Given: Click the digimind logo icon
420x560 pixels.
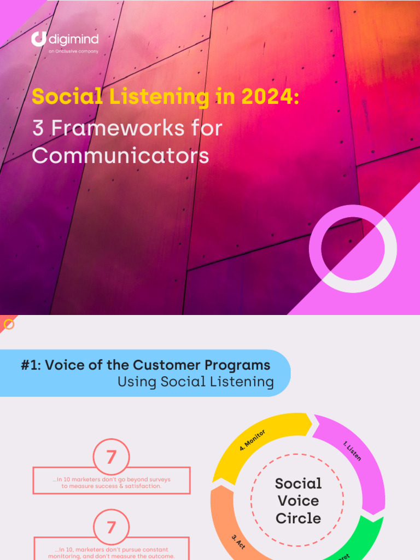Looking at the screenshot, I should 38,39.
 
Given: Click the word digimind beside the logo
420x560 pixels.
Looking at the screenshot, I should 74,39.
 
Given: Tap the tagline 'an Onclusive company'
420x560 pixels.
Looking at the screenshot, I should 73,51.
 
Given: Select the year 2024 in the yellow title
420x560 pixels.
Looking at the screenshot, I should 266,97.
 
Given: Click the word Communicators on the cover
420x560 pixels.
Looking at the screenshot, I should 120,155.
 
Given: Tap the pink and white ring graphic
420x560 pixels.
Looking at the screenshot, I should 353,249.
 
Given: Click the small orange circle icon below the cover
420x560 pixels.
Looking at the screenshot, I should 9,325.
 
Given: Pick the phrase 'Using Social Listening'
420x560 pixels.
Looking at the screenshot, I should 195,382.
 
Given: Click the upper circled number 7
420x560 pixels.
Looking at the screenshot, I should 112,457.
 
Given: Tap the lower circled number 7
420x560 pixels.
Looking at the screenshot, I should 112,528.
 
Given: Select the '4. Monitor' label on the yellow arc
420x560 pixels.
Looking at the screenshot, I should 253,440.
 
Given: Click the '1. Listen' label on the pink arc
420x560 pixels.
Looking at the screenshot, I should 352,451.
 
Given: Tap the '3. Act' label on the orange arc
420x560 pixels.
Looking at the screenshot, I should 238,542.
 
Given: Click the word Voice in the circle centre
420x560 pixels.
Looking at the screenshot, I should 298,500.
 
